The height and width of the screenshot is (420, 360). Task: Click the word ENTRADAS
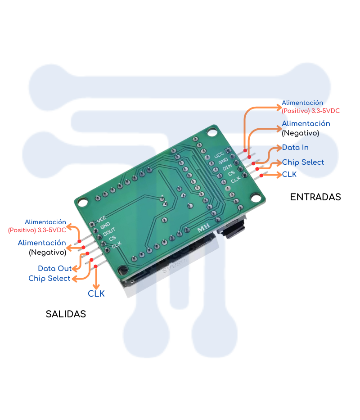315,197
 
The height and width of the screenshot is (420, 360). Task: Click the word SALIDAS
66,314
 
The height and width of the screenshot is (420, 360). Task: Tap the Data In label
295,148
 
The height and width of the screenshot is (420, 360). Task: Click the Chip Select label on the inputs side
303,162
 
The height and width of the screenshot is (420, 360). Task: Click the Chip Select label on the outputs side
49,278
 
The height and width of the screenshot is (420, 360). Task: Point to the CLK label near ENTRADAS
289,175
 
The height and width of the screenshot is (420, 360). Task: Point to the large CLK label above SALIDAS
96,294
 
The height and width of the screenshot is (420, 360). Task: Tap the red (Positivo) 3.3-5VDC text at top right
310,110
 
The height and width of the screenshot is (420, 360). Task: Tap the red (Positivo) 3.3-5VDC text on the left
37,230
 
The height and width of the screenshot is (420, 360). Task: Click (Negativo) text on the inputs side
300,133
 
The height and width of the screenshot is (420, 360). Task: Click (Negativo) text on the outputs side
47,253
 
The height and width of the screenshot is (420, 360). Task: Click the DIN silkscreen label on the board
227,167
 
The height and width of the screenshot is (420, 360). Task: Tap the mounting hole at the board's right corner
256,197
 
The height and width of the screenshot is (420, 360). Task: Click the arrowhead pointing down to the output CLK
96,286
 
